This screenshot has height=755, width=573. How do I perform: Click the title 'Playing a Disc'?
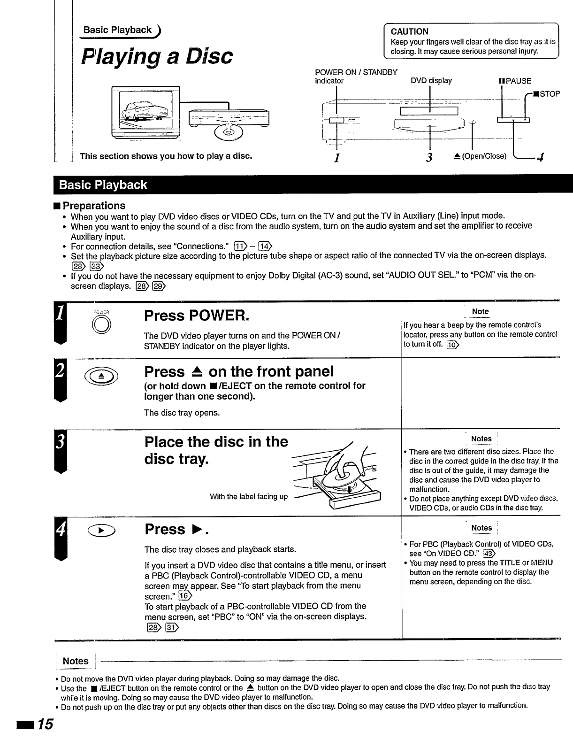pos(157,56)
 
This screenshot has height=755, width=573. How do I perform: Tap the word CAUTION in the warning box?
pos(409,31)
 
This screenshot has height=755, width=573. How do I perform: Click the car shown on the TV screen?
pos(144,113)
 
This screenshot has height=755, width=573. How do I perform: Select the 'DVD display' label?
pos(431,80)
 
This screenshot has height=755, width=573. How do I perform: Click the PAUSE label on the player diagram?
pos(515,81)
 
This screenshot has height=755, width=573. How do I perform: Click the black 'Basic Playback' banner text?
pos(103,185)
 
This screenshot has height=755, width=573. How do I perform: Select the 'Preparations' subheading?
pos(94,206)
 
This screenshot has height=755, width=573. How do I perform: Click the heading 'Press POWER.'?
pos(196,316)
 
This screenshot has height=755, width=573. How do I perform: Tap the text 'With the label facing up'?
pos(249,496)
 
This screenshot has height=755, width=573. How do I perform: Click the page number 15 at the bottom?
pos(46,724)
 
